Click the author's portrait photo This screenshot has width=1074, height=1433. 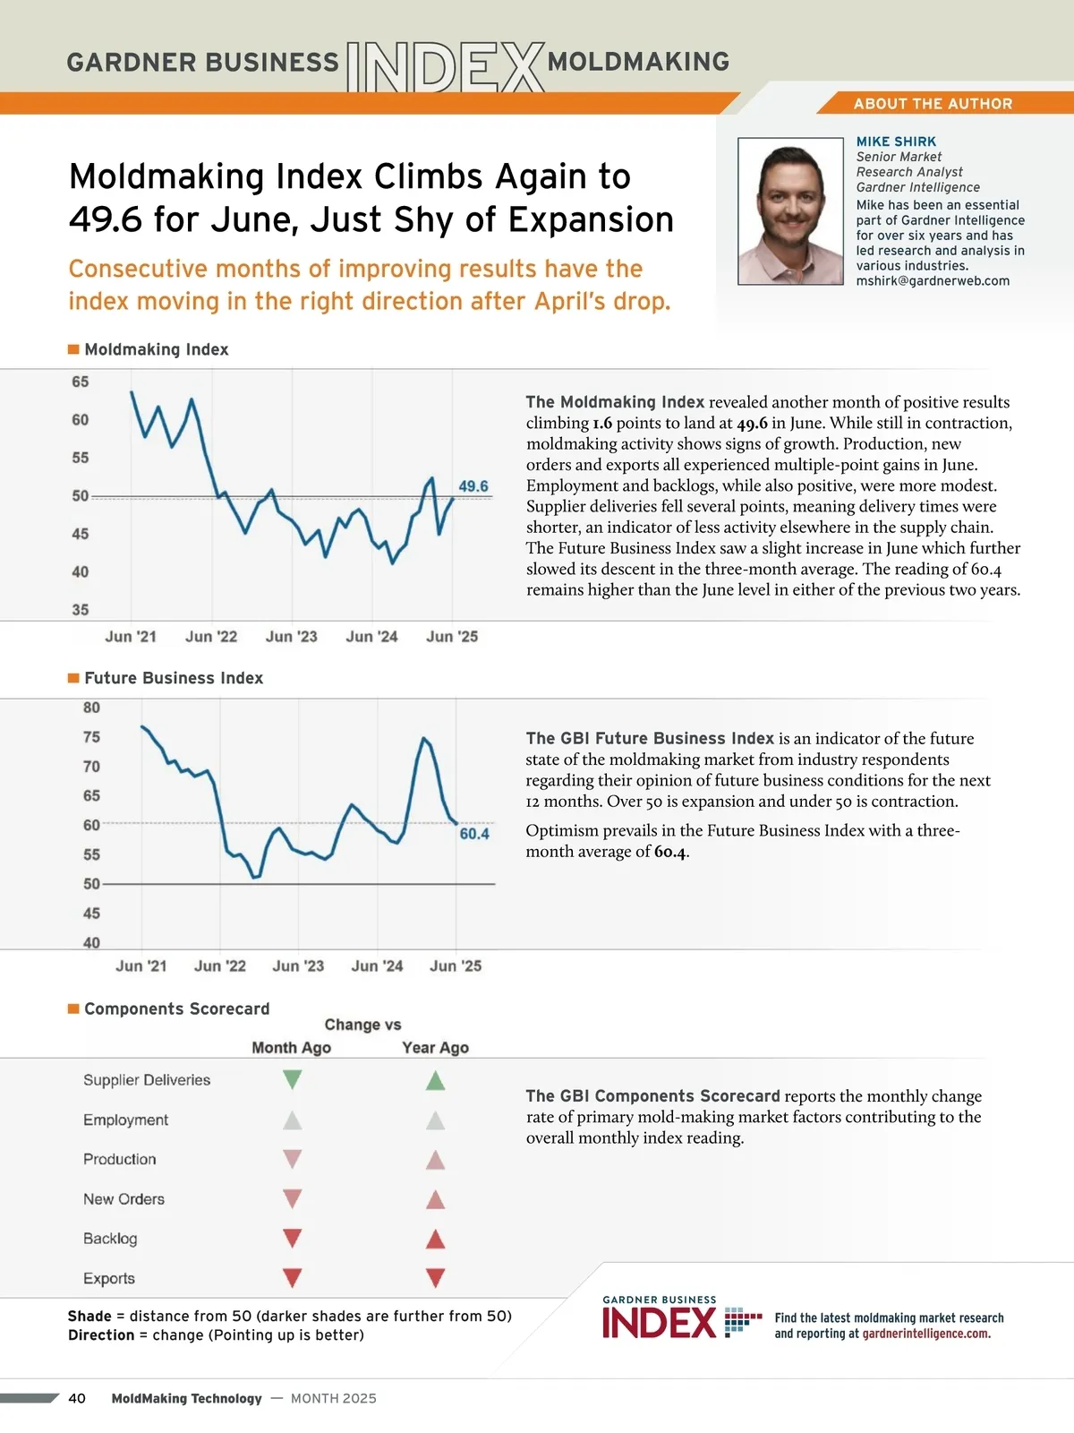[790, 211]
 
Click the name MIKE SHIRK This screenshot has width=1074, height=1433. [896, 142]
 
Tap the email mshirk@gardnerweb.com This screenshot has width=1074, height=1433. [933, 281]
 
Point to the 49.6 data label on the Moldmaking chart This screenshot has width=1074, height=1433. [473, 486]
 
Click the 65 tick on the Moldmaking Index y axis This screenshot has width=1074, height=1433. [81, 382]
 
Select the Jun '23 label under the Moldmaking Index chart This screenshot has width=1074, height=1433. [292, 637]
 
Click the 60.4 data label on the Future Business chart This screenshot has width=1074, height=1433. [474, 834]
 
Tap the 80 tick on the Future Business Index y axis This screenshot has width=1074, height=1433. [91, 708]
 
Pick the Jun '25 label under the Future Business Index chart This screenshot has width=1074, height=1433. [456, 966]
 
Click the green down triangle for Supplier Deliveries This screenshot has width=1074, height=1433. [292, 1079]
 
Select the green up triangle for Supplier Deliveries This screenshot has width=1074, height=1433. [435, 1080]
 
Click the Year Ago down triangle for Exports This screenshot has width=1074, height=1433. [435, 1278]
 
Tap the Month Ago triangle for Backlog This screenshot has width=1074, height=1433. [292, 1239]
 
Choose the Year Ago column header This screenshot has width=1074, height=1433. [435, 1048]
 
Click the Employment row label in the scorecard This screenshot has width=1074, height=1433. [125, 1120]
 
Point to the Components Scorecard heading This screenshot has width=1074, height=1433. [176, 1009]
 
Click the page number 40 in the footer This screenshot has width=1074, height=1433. [77, 1399]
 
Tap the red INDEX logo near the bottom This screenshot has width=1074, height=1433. [660, 1323]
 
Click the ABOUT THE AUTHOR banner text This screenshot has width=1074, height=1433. [933, 104]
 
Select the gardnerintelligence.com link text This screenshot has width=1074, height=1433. [926, 1334]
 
